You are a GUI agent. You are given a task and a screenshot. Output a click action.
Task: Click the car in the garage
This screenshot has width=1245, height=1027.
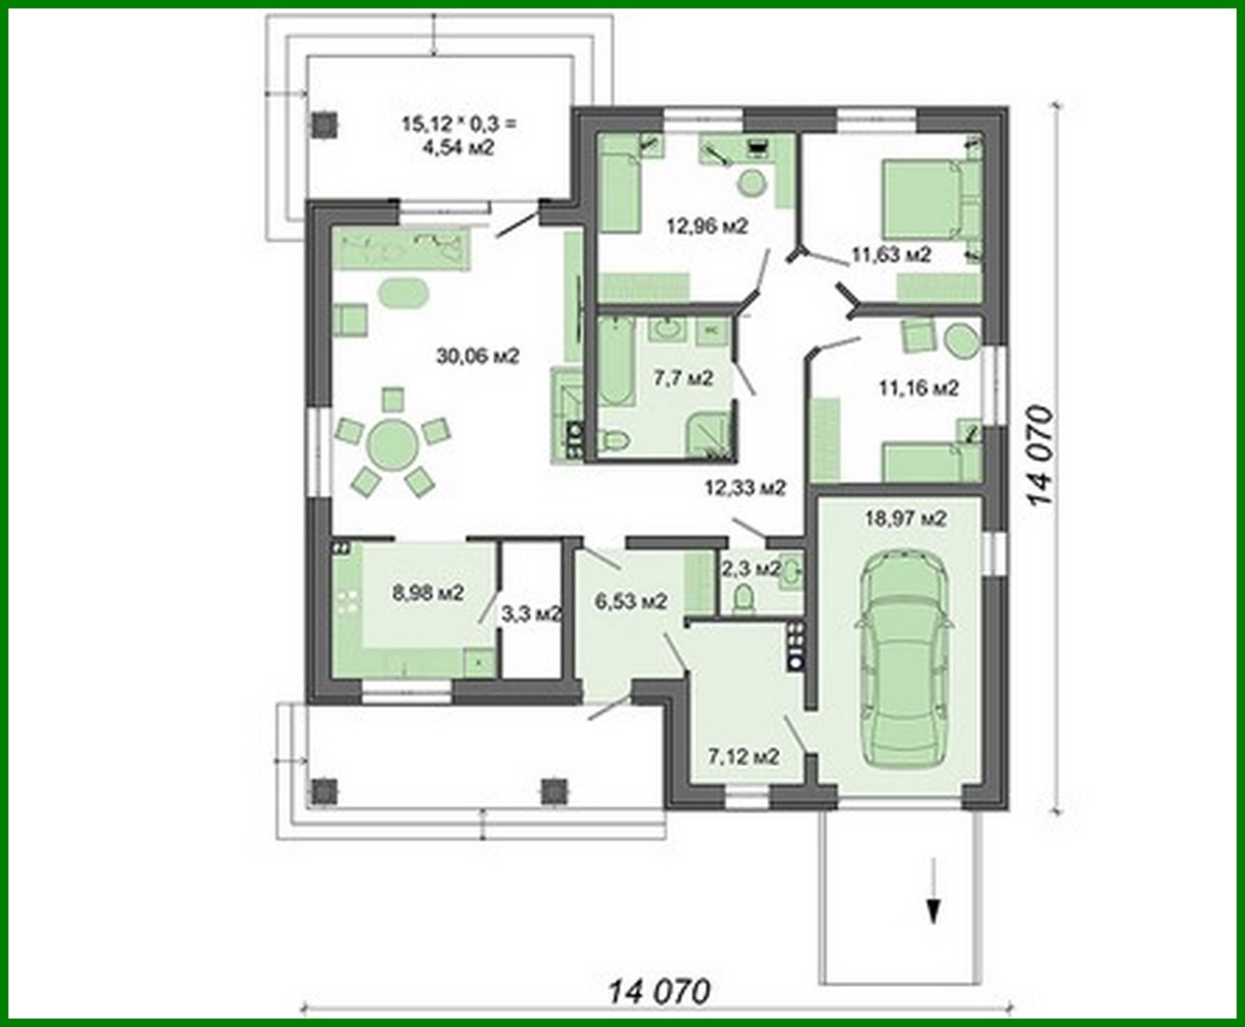(904, 656)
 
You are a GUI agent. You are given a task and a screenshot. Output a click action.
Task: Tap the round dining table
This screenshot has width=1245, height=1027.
(393, 438)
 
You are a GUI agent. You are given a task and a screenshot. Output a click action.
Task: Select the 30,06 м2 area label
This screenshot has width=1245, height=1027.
(477, 355)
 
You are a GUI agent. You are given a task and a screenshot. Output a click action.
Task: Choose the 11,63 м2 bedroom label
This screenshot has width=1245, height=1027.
(890, 254)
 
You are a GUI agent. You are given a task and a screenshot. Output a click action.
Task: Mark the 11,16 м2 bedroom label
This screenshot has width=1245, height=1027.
(918, 387)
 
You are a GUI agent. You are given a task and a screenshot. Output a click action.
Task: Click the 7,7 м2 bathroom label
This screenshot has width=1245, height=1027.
(683, 378)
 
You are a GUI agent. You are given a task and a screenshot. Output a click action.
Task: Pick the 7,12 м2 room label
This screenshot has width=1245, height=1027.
(744, 756)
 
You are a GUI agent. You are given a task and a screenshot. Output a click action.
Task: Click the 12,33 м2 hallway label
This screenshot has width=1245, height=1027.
(745, 487)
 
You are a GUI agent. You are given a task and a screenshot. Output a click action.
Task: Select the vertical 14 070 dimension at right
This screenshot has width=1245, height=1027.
(1040, 456)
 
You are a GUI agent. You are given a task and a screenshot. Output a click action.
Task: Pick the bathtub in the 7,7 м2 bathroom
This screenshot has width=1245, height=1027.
(615, 363)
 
